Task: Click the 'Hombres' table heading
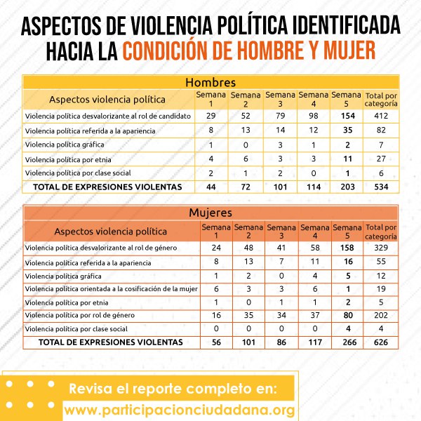(x=210, y=83)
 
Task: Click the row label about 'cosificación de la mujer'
(x=110, y=288)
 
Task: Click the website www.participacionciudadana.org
(x=180, y=409)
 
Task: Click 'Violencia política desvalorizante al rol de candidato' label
(x=108, y=116)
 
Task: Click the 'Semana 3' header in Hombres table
(x=281, y=99)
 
